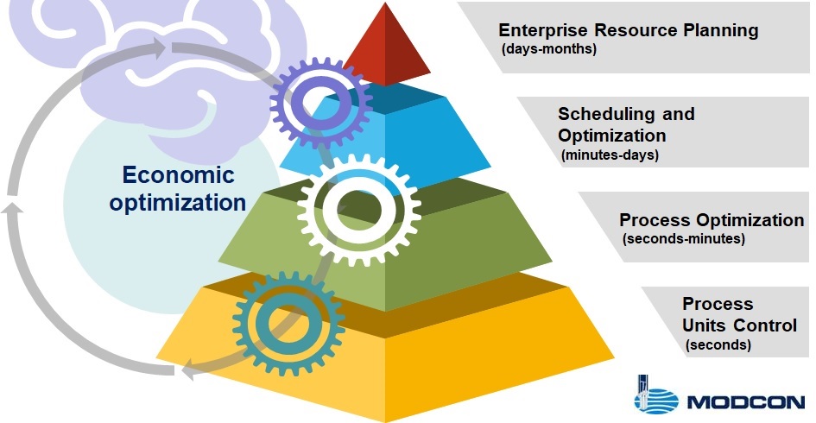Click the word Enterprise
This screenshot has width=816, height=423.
point(543,30)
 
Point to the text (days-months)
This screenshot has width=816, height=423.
point(549,49)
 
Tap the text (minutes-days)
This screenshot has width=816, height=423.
point(610,155)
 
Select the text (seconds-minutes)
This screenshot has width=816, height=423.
point(683,239)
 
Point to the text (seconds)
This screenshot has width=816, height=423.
point(718,345)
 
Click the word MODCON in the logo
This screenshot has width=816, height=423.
point(746,402)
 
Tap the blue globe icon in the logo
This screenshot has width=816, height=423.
point(655,401)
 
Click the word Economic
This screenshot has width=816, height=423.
point(178,175)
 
